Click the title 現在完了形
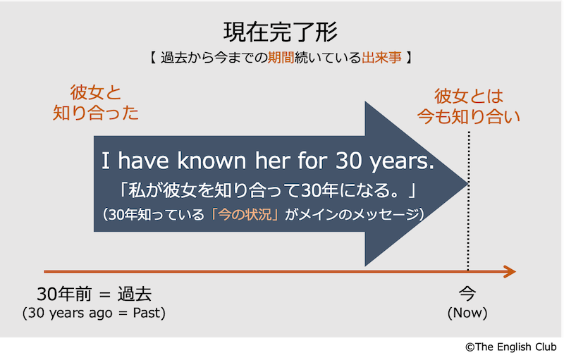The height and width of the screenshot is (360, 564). [281, 32]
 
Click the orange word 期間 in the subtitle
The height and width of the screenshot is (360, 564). [281, 58]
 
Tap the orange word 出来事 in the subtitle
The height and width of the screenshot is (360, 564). [381, 58]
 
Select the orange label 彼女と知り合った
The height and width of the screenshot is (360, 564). [96, 103]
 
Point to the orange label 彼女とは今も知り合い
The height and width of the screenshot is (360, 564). [468, 106]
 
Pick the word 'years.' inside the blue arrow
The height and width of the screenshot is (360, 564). [402, 161]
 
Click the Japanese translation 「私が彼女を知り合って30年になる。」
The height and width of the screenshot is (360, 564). [267, 190]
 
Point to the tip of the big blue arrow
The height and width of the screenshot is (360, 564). [467, 184]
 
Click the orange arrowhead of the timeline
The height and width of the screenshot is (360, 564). [510, 272]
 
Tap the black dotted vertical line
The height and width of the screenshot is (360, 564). [468, 201]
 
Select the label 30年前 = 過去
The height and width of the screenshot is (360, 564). [94, 294]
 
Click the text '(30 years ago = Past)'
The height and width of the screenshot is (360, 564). [94, 313]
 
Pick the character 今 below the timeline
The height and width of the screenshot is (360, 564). [467, 294]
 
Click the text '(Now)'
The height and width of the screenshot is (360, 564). [467, 313]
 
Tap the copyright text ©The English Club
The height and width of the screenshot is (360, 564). [511, 347]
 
